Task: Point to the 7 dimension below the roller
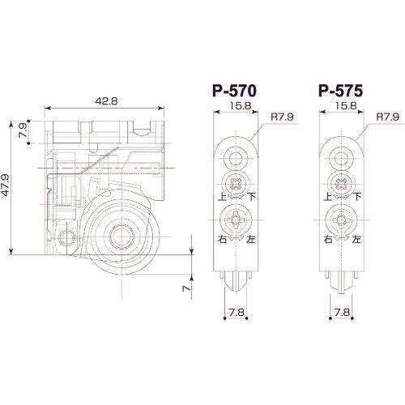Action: tap(185, 288)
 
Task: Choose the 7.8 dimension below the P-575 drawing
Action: tap(339, 311)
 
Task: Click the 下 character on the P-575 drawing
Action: tap(358, 197)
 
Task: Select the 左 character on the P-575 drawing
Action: tap(358, 241)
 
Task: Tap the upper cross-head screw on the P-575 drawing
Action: tap(340, 185)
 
